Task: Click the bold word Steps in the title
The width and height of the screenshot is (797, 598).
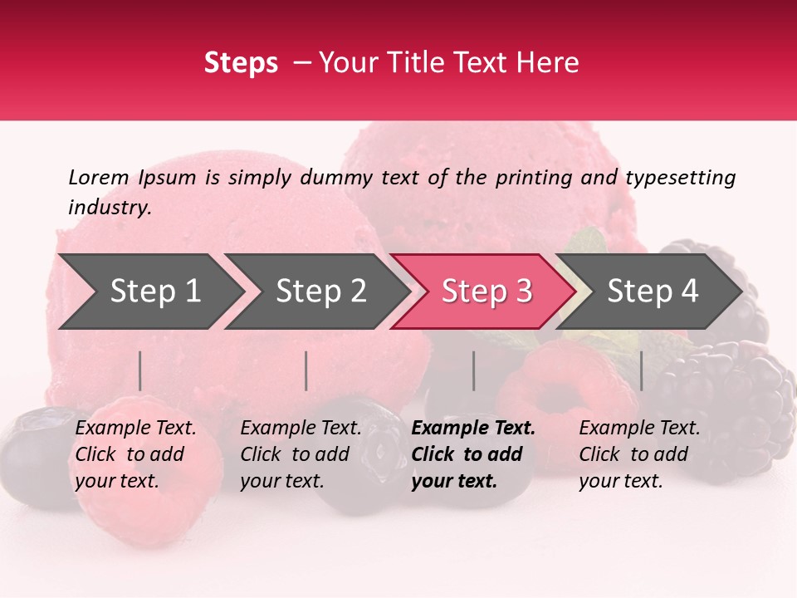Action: [x=241, y=63]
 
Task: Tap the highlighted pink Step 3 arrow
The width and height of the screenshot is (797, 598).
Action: [x=487, y=291]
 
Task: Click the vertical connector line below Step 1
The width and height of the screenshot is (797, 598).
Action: [x=139, y=370]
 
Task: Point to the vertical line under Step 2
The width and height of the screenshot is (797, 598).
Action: [x=306, y=370]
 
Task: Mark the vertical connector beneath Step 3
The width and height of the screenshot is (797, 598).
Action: [x=473, y=370]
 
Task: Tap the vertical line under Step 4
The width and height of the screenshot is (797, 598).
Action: [x=641, y=370]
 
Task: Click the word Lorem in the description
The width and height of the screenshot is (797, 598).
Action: [x=99, y=177]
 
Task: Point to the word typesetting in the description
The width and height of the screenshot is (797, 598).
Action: [x=680, y=177]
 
